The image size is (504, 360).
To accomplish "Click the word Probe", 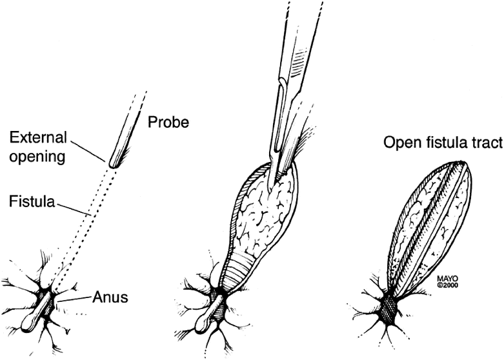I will coord(168,122).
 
